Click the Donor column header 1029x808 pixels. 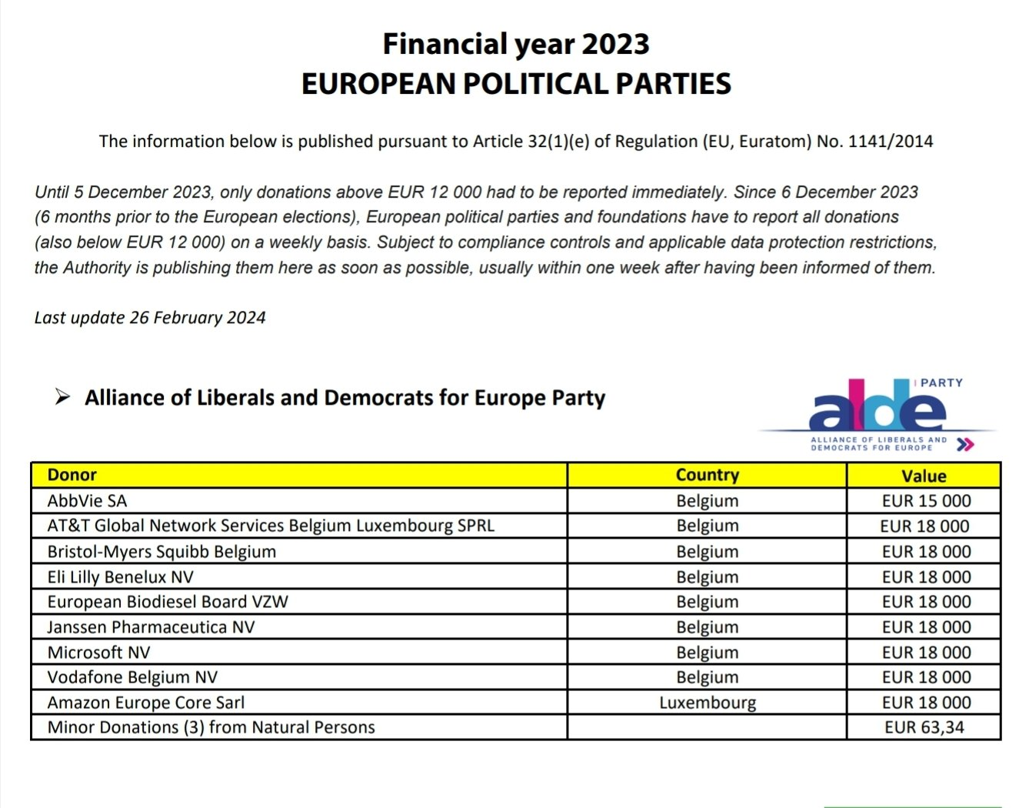click(x=72, y=475)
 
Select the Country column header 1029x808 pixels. click(x=707, y=475)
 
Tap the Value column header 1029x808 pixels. click(x=923, y=476)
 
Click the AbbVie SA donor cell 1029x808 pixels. click(x=87, y=501)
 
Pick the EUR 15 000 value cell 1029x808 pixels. click(x=926, y=501)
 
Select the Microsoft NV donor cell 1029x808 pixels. click(x=98, y=653)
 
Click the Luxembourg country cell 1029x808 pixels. click(x=707, y=703)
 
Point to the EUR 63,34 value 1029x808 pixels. click(x=924, y=727)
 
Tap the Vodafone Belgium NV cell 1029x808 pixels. click(x=132, y=677)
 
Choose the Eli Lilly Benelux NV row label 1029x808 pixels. click(x=120, y=577)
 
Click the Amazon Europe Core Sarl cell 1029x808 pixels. click(x=146, y=703)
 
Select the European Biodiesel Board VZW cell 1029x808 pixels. click(x=168, y=602)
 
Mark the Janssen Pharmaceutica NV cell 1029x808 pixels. click(x=151, y=627)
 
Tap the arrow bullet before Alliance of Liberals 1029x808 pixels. click(x=62, y=397)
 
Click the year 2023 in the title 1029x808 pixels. click(x=615, y=44)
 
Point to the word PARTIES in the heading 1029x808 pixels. click(x=656, y=84)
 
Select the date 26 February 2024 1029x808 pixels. click(x=198, y=318)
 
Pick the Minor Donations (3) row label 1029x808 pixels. click(x=211, y=727)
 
